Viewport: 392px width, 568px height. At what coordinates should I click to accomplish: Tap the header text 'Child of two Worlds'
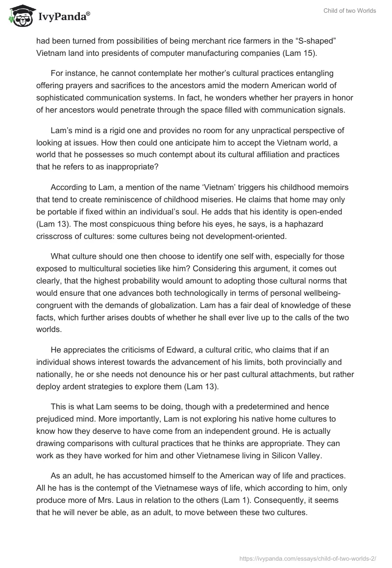pos(350,11)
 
